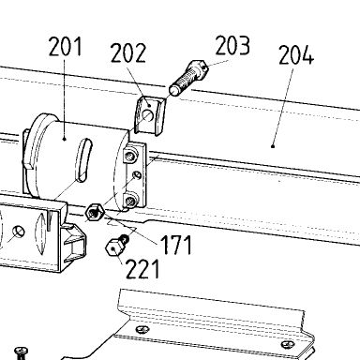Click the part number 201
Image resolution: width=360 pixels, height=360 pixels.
point(66,46)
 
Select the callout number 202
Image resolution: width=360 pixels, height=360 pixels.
point(128,52)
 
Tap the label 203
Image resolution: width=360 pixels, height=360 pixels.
point(232,46)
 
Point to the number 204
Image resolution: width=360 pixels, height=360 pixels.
point(295,55)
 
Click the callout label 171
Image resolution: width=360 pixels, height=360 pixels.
point(176,245)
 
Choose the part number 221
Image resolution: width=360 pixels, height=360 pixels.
point(142,268)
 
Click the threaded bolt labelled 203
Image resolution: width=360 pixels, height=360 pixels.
point(188,78)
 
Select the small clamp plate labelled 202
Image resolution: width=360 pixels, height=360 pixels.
point(150,115)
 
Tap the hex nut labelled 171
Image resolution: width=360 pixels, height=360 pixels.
point(95,212)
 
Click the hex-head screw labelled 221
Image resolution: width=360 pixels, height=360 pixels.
point(117,246)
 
